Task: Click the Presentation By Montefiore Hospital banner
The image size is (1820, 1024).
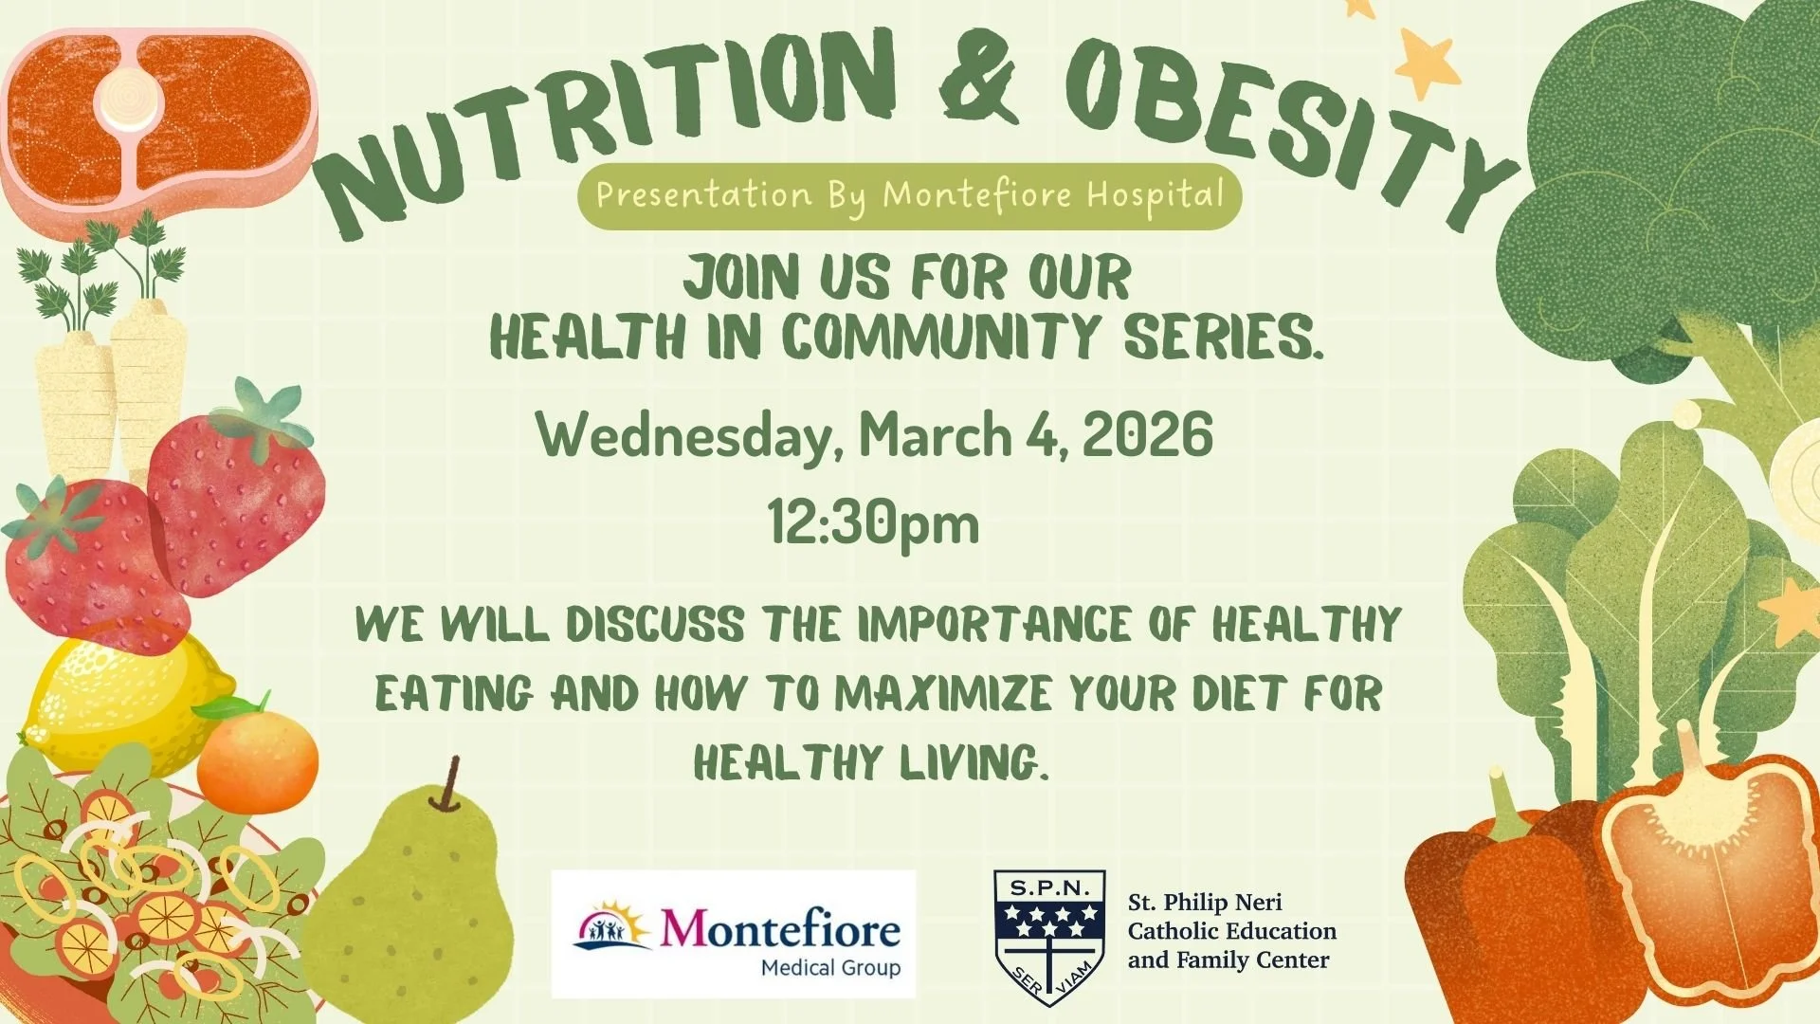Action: (x=909, y=196)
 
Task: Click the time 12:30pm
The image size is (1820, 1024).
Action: (x=873, y=524)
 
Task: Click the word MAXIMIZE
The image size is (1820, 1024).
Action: (x=943, y=694)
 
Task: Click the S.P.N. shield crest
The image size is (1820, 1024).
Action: (x=1049, y=935)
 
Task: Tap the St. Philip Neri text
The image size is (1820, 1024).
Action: (x=1205, y=902)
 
